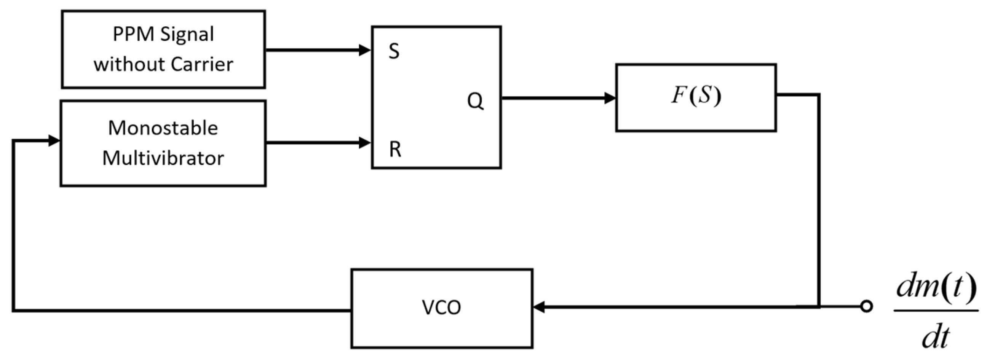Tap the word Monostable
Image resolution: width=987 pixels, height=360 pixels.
(x=163, y=128)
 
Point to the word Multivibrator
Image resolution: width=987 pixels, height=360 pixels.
(x=163, y=158)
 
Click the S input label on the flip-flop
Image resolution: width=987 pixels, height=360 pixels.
(x=394, y=51)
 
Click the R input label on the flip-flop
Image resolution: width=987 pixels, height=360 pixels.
(x=395, y=149)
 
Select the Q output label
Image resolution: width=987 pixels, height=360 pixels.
(x=475, y=102)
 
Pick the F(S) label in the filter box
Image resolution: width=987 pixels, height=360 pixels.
(x=696, y=96)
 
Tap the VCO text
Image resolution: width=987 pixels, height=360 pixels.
(x=441, y=307)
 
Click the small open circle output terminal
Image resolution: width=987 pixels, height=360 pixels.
(x=866, y=306)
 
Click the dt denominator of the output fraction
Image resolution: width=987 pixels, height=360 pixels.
(x=935, y=338)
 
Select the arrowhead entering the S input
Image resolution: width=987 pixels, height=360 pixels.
(x=364, y=50)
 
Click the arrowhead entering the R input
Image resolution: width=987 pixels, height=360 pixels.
(x=364, y=143)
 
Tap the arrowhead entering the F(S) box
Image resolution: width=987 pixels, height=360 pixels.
(x=610, y=99)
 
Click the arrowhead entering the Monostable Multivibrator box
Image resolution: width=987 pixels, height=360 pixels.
(x=54, y=140)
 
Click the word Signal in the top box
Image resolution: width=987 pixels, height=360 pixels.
(x=187, y=34)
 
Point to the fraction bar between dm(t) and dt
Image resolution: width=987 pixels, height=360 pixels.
(x=936, y=311)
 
